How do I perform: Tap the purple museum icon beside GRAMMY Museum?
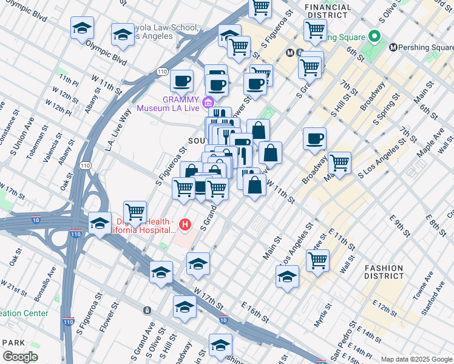pyautogui.click(x=209, y=101)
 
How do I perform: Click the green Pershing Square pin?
pyautogui.click(x=375, y=36)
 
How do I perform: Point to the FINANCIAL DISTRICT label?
pyautogui.click(x=328, y=10)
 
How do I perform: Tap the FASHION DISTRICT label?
pyautogui.click(x=384, y=272)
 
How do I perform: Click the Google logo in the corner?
pyautogui.click(x=20, y=357)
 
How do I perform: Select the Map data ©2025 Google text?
pyautogui.click(x=416, y=359)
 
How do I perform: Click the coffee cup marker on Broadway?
pyautogui.click(x=314, y=139)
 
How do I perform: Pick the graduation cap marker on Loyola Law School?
pyautogui.click(x=123, y=35)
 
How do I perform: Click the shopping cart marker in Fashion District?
pyautogui.click(x=317, y=260)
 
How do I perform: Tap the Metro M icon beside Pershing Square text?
pyautogui.click(x=393, y=47)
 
